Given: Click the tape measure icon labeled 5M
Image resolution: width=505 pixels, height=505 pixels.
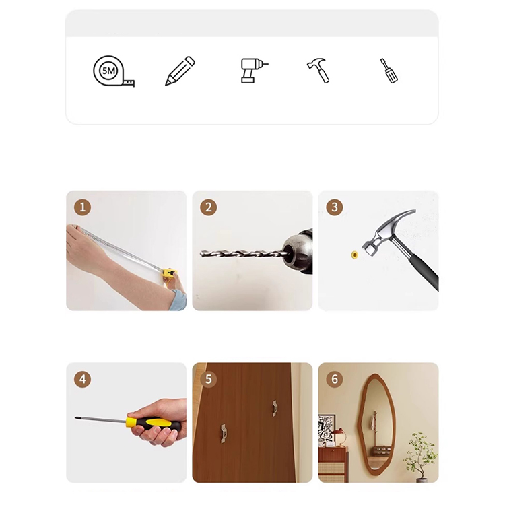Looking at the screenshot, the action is [112, 71].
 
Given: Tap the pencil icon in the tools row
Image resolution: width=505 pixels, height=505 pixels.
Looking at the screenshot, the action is [180, 71].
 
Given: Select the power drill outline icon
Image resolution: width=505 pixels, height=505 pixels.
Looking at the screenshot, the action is [254, 71].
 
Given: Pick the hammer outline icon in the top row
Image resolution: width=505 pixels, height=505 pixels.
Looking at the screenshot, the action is [318, 71].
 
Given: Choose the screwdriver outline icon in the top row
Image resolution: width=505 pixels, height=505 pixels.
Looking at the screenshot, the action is [389, 71].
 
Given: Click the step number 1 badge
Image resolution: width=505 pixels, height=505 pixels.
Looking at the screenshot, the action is [82, 207].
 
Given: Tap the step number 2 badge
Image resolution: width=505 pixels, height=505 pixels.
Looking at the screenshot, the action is [208, 207].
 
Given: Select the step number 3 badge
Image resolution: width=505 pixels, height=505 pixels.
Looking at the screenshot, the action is [335, 207].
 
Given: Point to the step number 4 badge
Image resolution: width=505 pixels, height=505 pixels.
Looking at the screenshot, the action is [82, 379].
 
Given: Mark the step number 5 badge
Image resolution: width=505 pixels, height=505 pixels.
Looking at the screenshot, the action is [208, 379].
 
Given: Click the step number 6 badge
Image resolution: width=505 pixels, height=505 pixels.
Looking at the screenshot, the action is [335, 379].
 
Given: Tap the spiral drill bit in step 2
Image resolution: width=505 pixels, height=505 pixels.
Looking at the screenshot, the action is [242, 253].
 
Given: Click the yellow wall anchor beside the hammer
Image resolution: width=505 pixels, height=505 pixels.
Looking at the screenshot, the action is [355, 255].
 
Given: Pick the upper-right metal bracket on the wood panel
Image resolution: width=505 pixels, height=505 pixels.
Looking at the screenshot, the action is [275, 409].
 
